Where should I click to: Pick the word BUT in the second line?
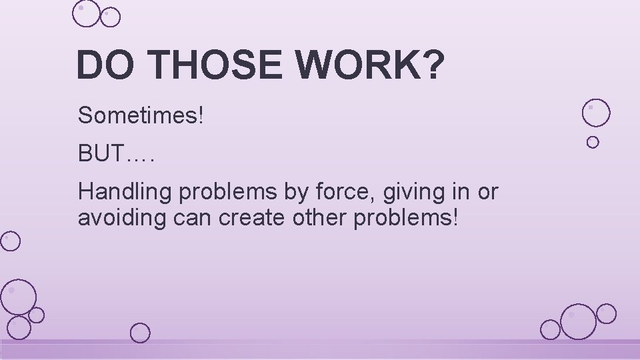101,154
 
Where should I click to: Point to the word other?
311,218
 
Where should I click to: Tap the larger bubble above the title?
86,13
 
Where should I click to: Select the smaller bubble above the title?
110,17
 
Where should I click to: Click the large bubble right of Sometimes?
595,113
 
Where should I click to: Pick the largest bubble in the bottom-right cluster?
577,321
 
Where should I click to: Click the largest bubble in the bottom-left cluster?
18,297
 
